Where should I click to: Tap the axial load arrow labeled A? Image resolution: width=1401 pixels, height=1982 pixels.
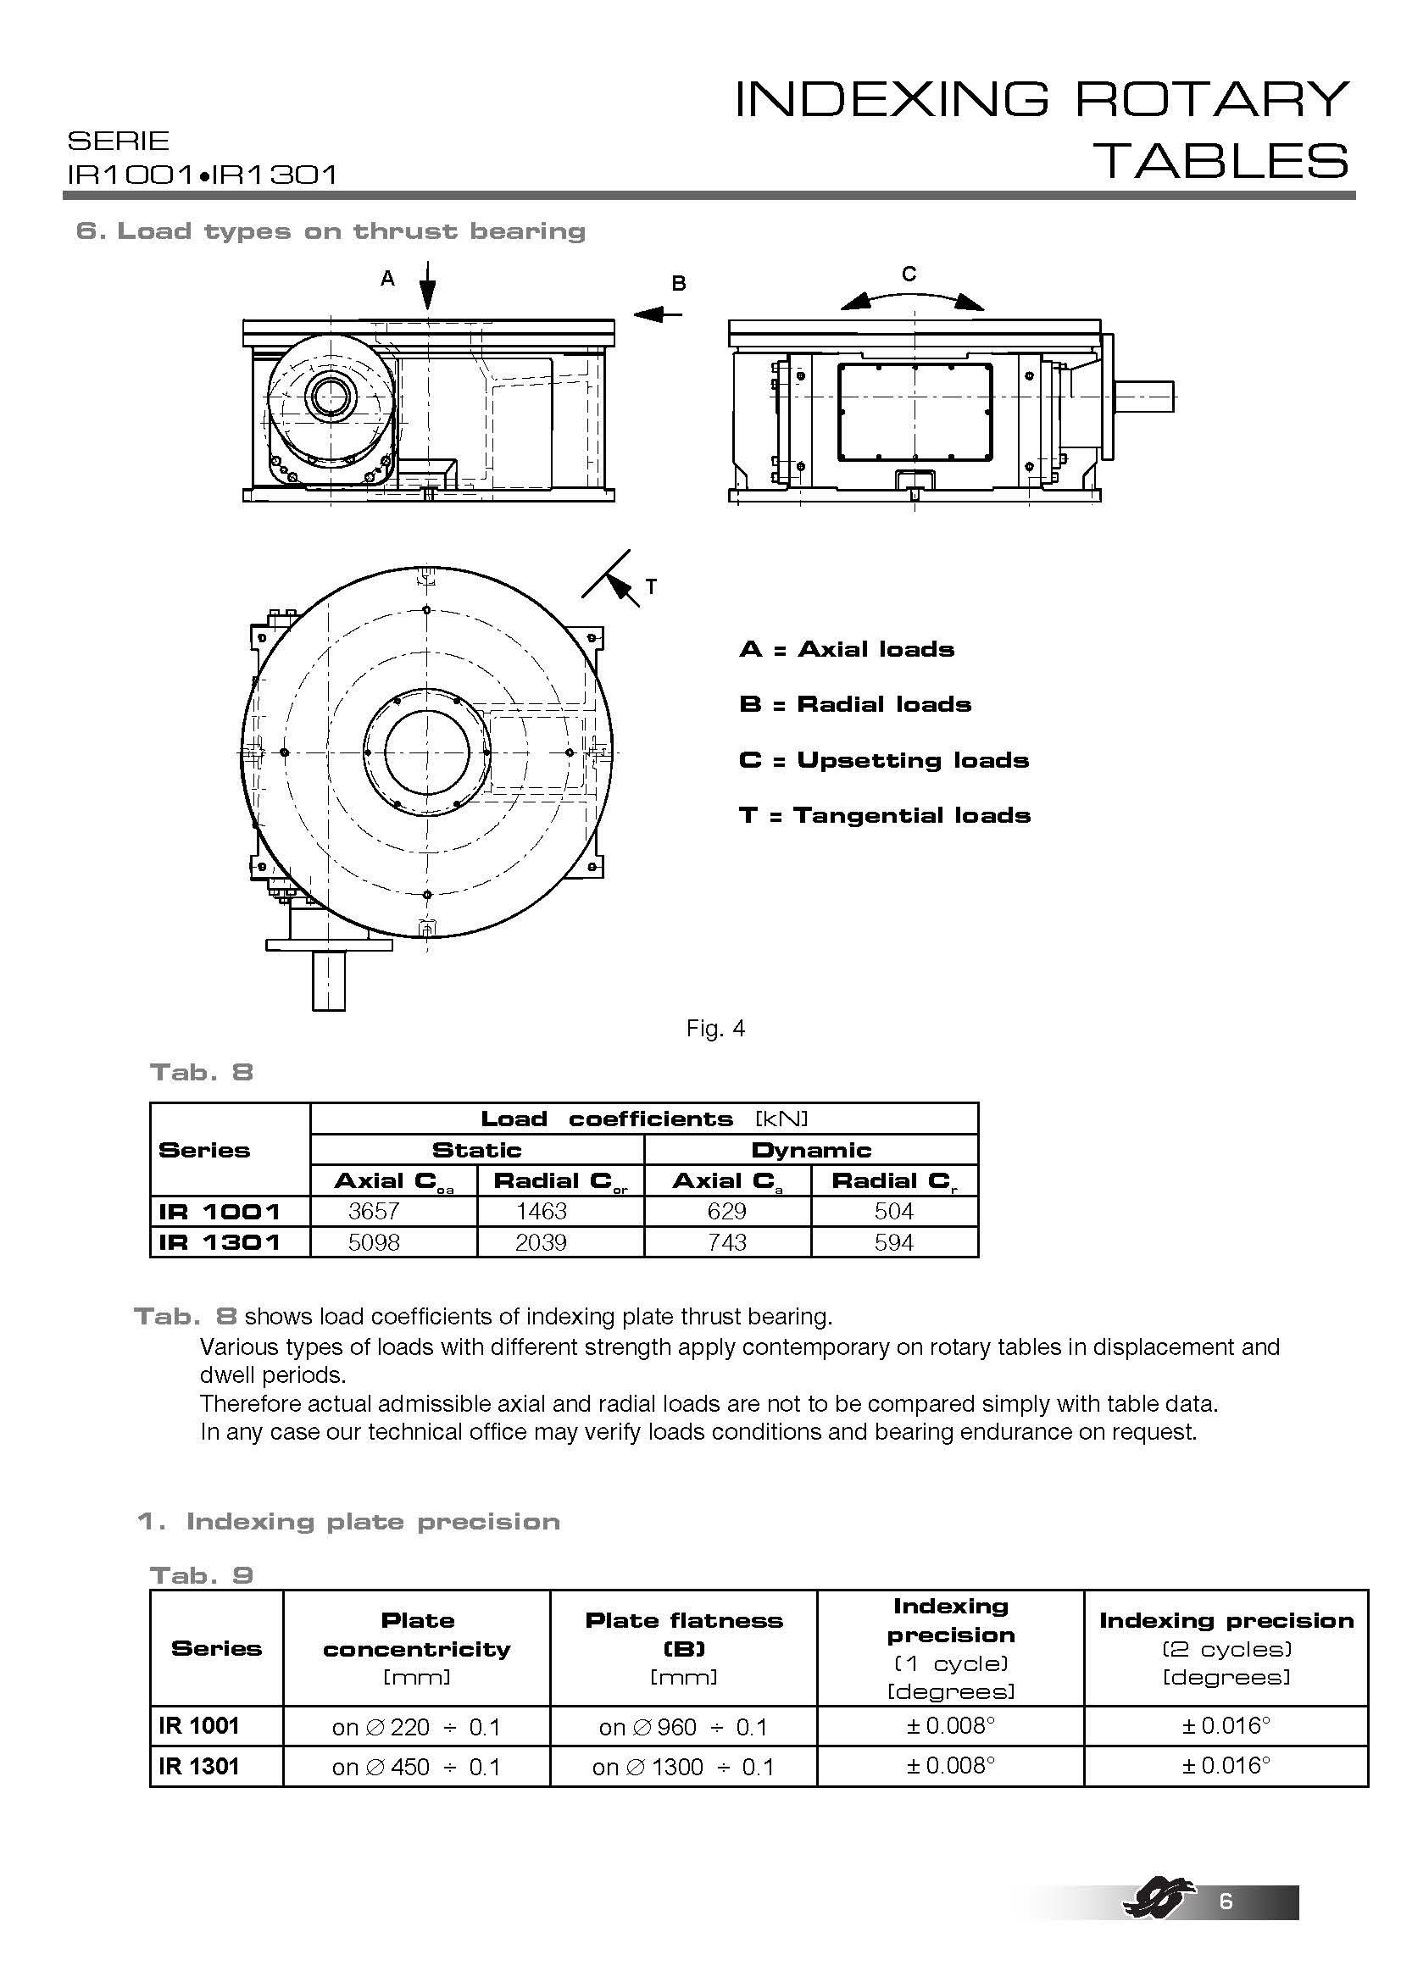[428, 285]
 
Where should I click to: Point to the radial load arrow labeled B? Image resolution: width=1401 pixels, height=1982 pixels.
[658, 314]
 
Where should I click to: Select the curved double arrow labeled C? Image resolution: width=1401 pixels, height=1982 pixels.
[912, 297]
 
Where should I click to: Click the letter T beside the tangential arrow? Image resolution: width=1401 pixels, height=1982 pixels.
[651, 587]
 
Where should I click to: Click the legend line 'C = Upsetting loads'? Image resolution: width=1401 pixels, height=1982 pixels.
[884, 760]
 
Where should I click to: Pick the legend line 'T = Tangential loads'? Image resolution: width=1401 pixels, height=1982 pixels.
[885, 816]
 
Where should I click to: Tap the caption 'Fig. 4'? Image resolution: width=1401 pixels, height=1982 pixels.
[714, 1028]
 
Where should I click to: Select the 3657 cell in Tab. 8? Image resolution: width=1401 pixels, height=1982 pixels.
[374, 1211]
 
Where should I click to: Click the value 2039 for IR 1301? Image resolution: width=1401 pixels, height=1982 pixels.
[542, 1242]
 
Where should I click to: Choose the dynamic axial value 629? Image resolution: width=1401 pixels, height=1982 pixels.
[726, 1211]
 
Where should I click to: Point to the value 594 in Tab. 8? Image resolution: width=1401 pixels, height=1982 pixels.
[893, 1242]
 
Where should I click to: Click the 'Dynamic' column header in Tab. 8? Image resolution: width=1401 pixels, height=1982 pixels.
[810, 1150]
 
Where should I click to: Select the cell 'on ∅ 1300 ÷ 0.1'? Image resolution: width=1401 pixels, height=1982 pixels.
[683, 1767]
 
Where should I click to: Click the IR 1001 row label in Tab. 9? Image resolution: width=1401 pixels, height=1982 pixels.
[198, 1725]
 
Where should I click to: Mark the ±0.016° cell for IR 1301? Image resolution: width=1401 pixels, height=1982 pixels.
[1226, 1765]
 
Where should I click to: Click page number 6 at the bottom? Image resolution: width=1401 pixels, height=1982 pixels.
[1226, 1925]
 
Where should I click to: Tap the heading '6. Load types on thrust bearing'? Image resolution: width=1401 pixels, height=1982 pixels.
[331, 231]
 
